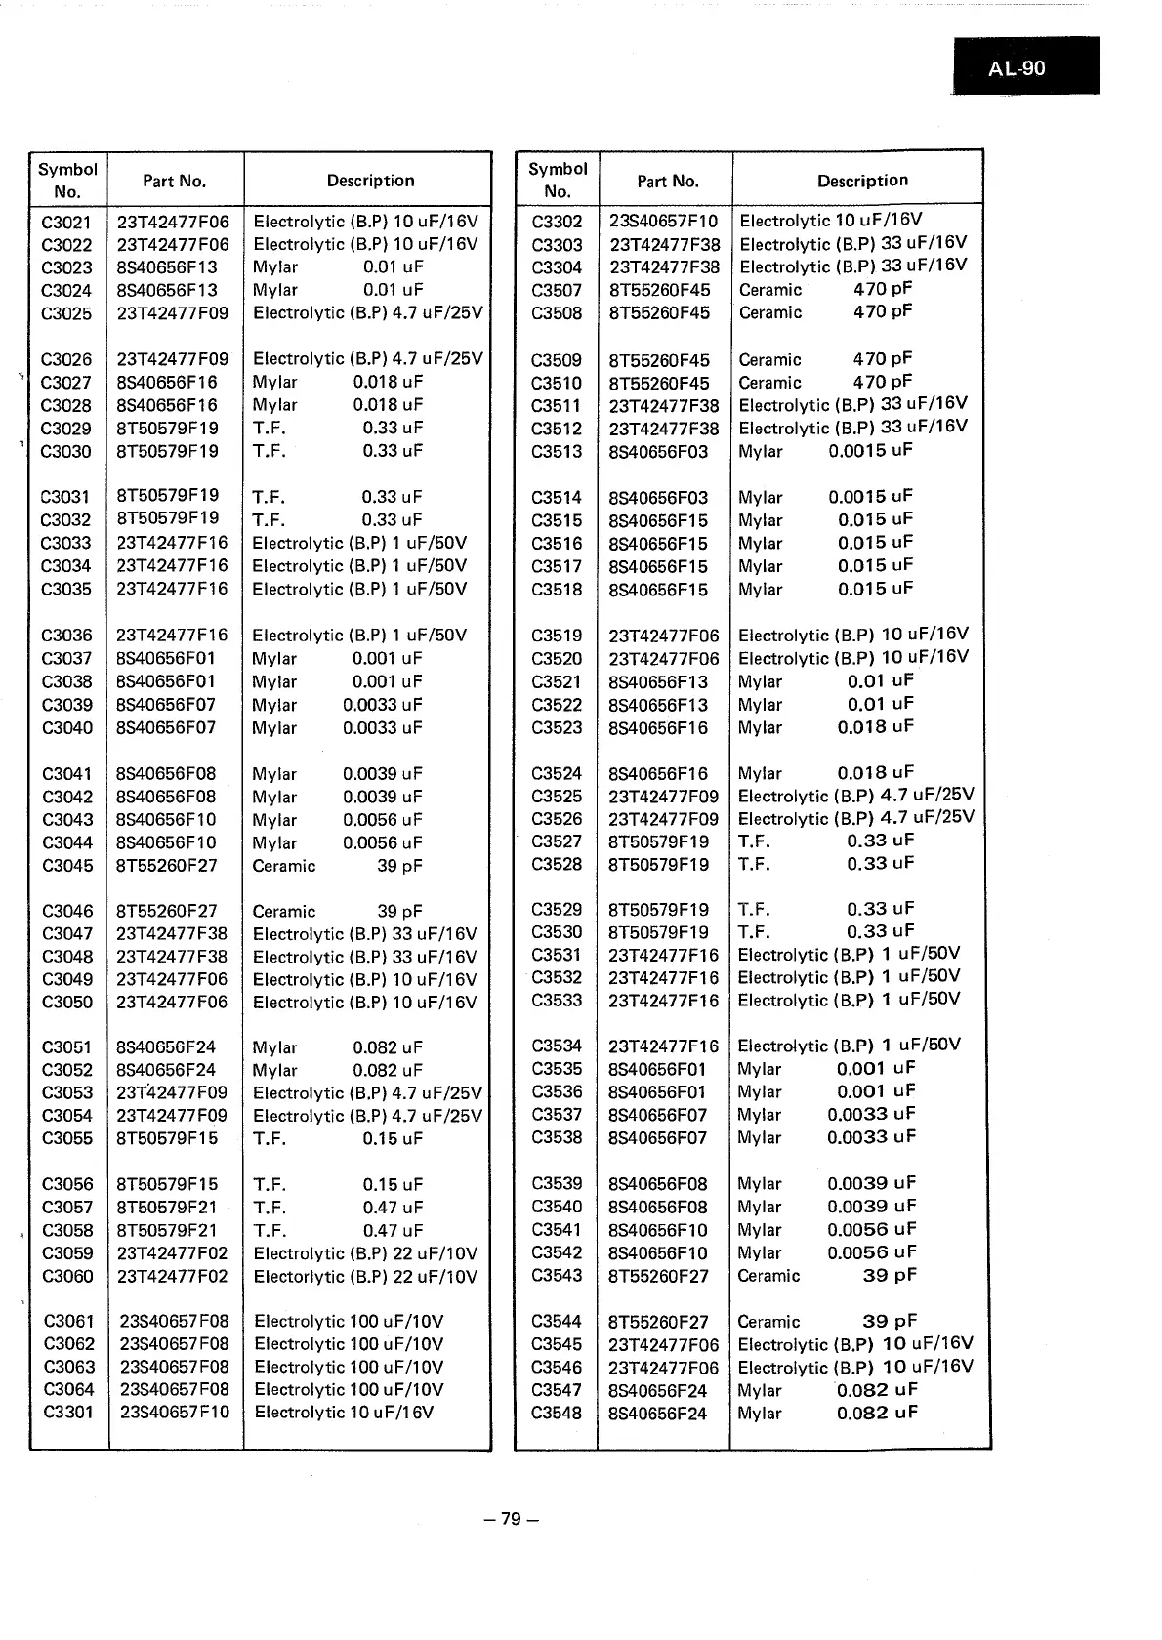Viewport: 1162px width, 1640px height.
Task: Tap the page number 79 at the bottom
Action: click(512, 1519)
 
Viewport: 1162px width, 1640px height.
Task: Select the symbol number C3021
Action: click(66, 223)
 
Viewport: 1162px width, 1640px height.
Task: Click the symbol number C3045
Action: click(67, 866)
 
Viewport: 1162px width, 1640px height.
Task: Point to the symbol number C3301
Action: click(68, 1413)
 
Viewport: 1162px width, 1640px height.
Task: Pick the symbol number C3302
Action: click(557, 222)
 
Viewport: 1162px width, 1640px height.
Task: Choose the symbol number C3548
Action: click(557, 1414)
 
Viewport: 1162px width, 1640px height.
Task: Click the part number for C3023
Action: click(167, 267)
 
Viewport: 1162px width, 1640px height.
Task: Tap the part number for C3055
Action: click(167, 1139)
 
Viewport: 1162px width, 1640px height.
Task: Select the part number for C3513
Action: click(658, 452)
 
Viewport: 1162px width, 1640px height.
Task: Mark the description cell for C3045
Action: click(338, 866)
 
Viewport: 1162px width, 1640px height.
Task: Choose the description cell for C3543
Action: click(827, 1276)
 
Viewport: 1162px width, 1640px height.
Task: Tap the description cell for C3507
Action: click(825, 290)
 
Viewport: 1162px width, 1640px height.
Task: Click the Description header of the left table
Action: click(370, 181)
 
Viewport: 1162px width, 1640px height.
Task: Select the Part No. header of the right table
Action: click(668, 181)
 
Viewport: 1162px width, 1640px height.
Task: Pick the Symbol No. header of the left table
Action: click(67, 181)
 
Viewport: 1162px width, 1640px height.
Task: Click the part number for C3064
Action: click(174, 1390)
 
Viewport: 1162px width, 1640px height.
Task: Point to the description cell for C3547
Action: click(827, 1390)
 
